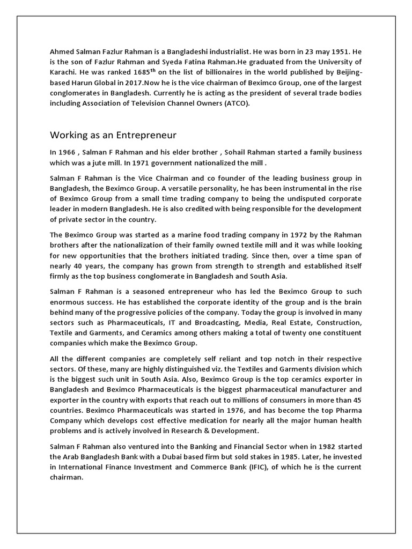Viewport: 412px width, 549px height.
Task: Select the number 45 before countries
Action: tap(355, 400)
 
